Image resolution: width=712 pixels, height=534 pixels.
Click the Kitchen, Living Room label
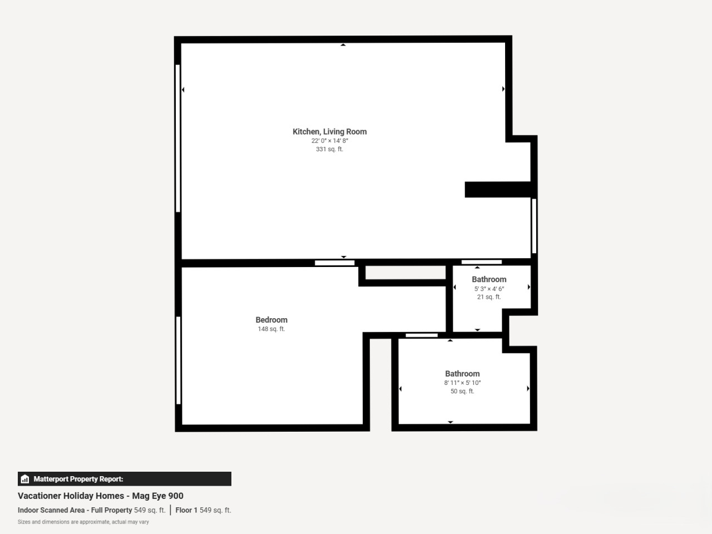click(x=329, y=132)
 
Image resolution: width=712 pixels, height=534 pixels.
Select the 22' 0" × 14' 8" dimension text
click(x=329, y=141)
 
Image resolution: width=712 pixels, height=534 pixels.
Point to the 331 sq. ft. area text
click(x=329, y=149)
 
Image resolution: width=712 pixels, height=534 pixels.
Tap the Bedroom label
click(x=271, y=320)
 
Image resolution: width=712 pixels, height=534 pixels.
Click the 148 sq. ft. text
click(x=271, y=329)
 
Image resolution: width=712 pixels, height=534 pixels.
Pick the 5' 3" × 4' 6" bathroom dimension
click(x=489, y=289)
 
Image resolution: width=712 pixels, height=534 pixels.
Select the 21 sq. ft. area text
click(x=489, y=297)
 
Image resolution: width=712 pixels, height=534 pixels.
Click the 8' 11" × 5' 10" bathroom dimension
click(x=462, y=383)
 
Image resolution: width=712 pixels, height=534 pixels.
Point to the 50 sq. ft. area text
click(x=462, y=392)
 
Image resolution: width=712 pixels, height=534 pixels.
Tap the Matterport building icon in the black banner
click(x=25, y=479)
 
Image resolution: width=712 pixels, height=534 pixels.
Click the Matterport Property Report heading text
click(x=78, y=479)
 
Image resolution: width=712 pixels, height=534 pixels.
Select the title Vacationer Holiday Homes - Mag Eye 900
click(x=101, y=496)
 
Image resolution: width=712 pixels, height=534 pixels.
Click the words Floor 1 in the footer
click(x=186, y=510)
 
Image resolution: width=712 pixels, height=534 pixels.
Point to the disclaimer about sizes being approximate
click(x=83, y=522)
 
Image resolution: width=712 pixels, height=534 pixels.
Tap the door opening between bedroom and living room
click(x=335, y=263)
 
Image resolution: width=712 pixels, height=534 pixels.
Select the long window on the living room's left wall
click(x=178, y=139)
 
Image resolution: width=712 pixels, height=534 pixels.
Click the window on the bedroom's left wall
click(x=179, y=360)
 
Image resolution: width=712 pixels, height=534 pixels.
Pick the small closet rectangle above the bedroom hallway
click(x=406, y=273)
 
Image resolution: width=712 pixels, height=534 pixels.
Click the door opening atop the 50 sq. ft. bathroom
click(x=422, y=335)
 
